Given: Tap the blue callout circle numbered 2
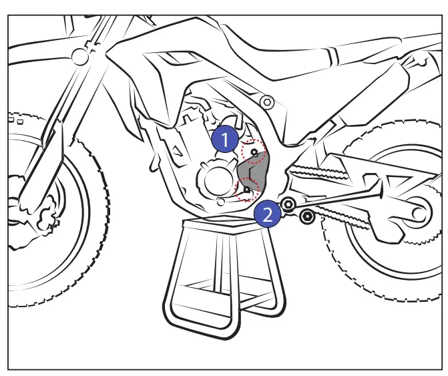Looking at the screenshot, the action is point(267,214).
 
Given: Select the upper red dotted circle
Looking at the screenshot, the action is point(253,153).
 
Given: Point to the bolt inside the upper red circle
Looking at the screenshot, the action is point(254,153).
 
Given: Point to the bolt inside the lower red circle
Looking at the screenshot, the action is point(246,190).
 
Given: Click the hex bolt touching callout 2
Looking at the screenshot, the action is point(288,204).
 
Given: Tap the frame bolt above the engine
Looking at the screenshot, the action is point(267,102).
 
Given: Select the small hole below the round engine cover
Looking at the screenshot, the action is point(220,200).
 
